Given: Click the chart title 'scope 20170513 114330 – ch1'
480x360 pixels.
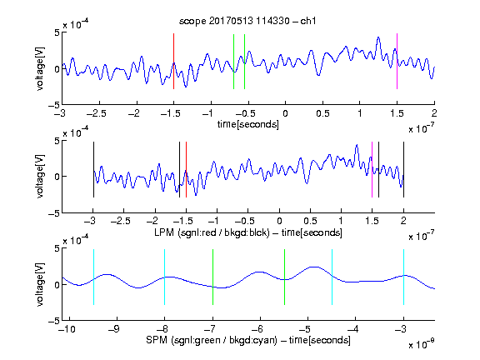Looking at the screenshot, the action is point(247,21).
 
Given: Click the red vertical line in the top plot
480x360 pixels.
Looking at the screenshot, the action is point(173,61).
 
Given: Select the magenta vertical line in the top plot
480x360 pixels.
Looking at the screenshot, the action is point(397,61).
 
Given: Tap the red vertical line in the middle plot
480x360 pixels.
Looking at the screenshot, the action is point(186,170).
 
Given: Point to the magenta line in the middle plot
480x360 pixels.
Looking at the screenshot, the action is point(372,170).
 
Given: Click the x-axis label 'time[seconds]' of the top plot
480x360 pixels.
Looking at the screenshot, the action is point(248,124).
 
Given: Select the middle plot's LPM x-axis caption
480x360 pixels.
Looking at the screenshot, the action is point(248,232).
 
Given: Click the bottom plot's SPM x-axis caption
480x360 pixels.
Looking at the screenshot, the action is point(248,340).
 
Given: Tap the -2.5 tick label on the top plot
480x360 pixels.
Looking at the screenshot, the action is point(97,113).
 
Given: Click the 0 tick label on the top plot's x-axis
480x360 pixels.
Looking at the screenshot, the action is point(285,113).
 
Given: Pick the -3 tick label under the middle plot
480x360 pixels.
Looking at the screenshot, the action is point(91,221).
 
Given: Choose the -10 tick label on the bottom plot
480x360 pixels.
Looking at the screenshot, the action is point(67,329).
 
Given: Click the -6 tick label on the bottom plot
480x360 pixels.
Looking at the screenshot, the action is point(257,329).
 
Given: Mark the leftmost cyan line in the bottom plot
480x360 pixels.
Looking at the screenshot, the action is point(93,277).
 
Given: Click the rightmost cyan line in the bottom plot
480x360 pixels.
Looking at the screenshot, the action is point(403,277).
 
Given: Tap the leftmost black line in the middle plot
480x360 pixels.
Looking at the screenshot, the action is point(93,170).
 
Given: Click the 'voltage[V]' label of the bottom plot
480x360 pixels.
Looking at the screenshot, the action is point(40,284).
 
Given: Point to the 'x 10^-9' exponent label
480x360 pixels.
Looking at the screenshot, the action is point(422,344).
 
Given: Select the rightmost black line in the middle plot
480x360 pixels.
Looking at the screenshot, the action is point(403,170).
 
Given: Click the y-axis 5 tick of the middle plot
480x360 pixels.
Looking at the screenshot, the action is point(57,141).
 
